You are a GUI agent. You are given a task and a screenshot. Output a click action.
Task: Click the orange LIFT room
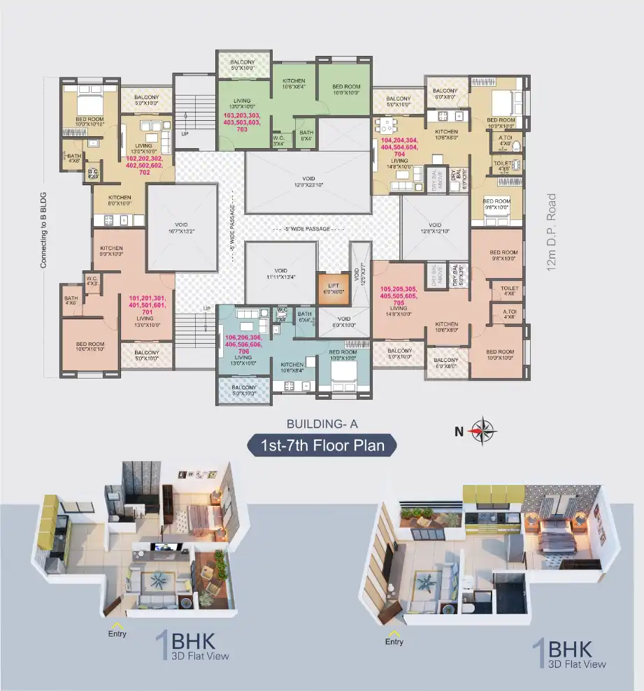pyautogui.click(x=333, y=287)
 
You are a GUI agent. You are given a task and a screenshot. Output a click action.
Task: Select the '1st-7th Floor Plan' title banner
pyautogui.click(x=322, y=445)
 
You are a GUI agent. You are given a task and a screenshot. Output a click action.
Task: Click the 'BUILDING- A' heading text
pyautogui.click(x=322, y=423)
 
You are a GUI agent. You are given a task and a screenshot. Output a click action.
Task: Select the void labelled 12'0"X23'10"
pyautogui.click(x=308, y=182)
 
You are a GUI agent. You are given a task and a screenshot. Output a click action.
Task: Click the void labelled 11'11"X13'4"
pyautogui.click(x=280, y=272)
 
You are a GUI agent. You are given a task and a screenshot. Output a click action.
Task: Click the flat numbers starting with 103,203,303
pyautogui.click(x=242, y=122)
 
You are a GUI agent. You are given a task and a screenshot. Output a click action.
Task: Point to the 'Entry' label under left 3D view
pyautogui.click(x=117, y=632)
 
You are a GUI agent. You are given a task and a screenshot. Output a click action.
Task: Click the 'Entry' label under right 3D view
pyautogui.click(x=394, y=640)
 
